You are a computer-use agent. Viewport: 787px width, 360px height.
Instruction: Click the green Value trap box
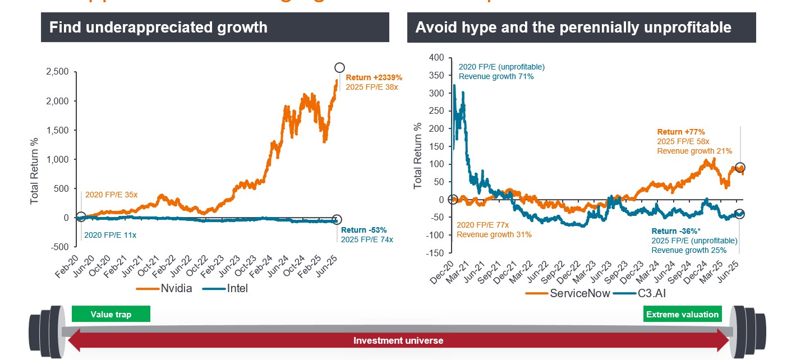tap(111, 314)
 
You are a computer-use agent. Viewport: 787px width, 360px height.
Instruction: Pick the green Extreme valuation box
tap(682, 314)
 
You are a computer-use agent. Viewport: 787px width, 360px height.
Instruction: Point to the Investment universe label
tap(398, 340)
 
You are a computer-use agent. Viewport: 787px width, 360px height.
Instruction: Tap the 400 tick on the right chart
tap(435, 57)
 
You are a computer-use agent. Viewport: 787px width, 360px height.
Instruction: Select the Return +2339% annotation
tap(374, 77)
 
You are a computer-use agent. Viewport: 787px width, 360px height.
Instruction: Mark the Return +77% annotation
tap(680, 132)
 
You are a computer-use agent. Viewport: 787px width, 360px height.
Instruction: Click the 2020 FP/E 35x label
tap(111, 195)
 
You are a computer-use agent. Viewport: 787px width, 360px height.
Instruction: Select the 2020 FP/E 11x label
tap(110, 235)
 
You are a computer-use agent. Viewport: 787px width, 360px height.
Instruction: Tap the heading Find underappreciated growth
tap(159, 27)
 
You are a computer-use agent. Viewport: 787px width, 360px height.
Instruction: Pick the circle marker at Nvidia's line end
tap(339, 68)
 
